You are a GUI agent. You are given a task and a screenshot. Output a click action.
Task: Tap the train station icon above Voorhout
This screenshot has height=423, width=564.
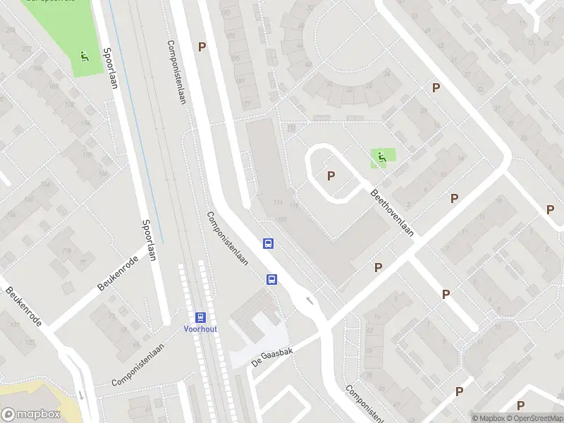200,317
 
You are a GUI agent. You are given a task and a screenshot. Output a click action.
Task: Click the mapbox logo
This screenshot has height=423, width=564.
31,415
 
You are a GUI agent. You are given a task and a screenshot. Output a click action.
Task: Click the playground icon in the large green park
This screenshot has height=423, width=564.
85,56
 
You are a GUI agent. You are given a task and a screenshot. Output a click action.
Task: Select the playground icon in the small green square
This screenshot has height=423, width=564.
381,157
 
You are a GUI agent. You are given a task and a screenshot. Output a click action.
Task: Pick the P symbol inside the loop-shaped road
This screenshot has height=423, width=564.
330,176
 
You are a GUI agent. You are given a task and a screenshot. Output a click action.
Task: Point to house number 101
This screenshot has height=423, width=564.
283,221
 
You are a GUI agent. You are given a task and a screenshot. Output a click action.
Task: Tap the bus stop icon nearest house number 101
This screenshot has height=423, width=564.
269,243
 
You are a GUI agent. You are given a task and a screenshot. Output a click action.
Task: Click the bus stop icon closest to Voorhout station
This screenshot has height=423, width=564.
271,279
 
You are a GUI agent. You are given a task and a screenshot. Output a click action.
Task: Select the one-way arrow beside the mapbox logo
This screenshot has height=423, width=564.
81,394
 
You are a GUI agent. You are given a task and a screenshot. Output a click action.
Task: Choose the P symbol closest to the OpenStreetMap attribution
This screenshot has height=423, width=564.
520,405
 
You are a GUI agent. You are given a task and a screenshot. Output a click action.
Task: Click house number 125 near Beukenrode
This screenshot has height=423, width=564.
30,343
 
